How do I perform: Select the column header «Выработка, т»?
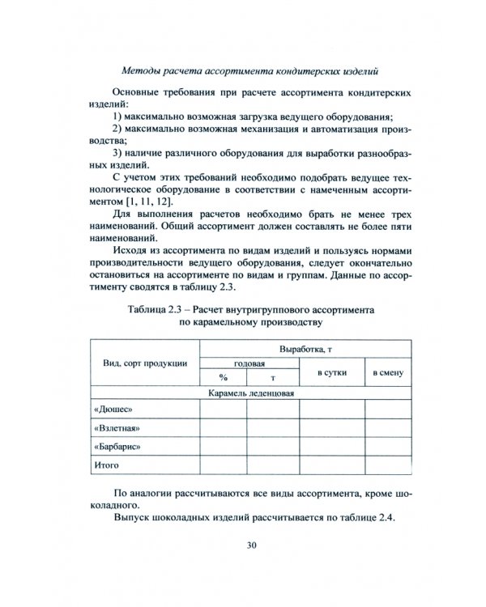[305, 349]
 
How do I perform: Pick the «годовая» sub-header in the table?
[249, 364]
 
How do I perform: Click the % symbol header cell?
[223, 378]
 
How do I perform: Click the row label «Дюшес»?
[113, 410]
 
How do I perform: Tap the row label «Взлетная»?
[117, 427]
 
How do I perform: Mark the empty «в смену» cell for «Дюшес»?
[387, 410]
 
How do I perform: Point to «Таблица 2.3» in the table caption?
[157, 310]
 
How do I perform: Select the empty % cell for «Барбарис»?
[223, 446]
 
